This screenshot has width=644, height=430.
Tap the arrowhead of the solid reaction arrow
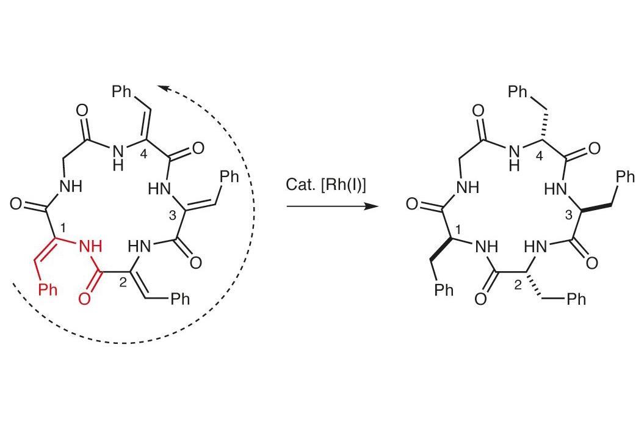(371, 206)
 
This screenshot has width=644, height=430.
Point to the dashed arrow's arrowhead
(162, 88)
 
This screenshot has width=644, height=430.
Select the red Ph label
(48, 290)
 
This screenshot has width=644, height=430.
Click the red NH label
(90, 246)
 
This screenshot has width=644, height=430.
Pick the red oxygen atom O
(84, 298)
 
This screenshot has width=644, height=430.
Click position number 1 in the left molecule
(62, 227)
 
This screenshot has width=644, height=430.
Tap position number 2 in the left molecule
(123, 282)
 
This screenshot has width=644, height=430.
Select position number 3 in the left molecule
(172, 214)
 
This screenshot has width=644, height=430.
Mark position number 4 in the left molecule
(143, 154)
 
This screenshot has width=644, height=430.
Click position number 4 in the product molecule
(539, 156)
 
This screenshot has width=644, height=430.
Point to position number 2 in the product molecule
(518, 285)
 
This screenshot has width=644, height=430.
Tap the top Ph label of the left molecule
(122, 91)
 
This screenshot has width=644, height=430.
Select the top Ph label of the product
(518, 91)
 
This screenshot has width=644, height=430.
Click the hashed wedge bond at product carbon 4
(546, 126)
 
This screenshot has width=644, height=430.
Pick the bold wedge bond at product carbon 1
(441, 249)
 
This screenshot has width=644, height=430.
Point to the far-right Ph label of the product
(625, 177)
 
